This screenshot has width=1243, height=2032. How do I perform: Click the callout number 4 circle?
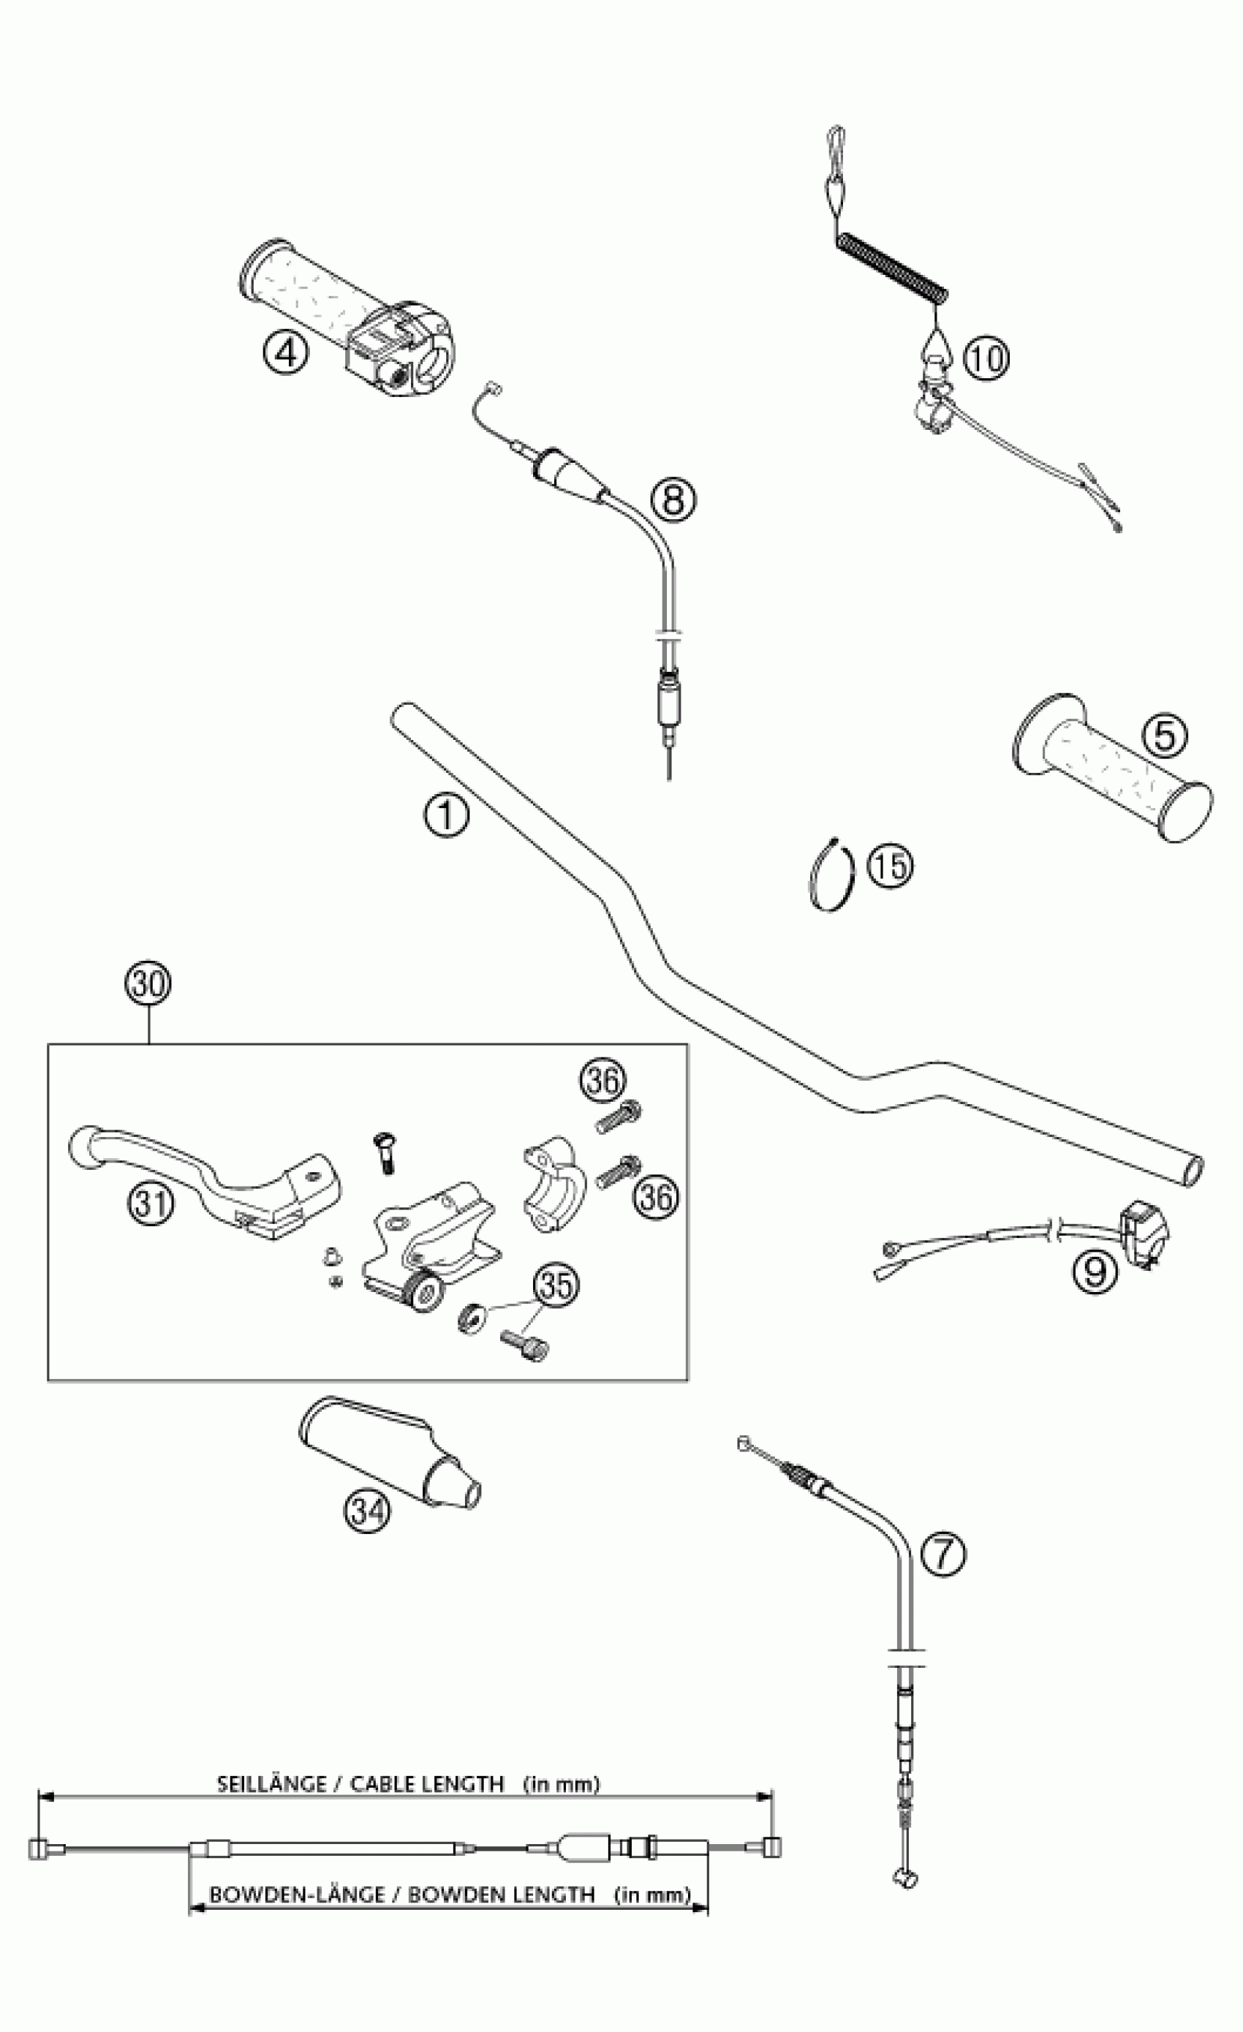tap(284, 354)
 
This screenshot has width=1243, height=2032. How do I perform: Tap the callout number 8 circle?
tap(673, 499)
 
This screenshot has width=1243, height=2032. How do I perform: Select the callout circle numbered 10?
tap(986, 359)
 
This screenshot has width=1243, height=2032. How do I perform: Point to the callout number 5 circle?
tap(1164, 735)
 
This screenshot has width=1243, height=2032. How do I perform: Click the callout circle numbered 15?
tap(891, 866)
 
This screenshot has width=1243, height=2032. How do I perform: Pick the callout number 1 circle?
tap(446, 815)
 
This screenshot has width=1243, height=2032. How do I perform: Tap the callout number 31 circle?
tap(151, 1204)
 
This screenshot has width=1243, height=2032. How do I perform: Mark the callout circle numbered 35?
tap(556, 1285)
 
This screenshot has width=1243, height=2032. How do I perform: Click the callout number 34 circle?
tap(367, 1511)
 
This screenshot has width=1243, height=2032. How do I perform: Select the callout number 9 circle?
tap(1095, 1271)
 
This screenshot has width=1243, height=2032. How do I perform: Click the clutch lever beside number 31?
tap(206, 1171)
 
